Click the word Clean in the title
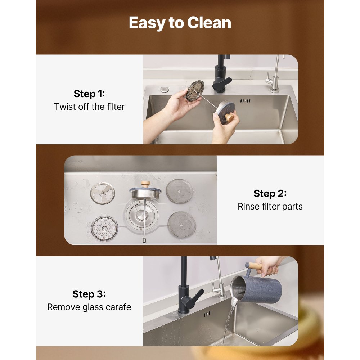pyautogui.click(x=209, y=23)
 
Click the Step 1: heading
pyautogui.click(x=89, y=94)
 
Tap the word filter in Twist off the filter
pyautogui.click(x=116, y=107)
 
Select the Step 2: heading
pyautogui.click(x=270, y=193)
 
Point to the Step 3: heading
pyautogui.click(x=89, y=294)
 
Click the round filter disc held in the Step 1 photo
pyautogui.click(x=195, y=91)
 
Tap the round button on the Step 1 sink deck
pyautogui.click(x=165, y=89)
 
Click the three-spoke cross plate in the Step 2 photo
pyautogui.click(x=102, y=193)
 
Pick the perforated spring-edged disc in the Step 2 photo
pyautogui.click(x=104, y=228)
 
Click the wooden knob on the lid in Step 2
pyautogui.click(x=145, y=184)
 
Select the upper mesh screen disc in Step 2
pyautogui.click(x=179, y=191)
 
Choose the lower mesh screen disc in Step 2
pyautogui.click(x=181, y=224)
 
